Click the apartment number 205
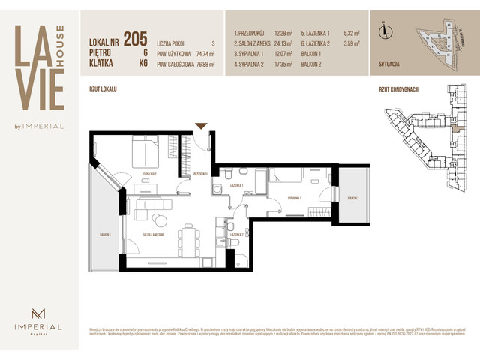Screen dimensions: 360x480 tap(135, 39)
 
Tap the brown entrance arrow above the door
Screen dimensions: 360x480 tap(200, 126)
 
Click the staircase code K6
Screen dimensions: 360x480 tap(142, 64)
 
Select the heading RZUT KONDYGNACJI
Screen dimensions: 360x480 tap(398, 89)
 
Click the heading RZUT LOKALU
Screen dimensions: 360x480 tap(103, 89)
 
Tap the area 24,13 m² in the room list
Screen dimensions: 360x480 tap(283, 43)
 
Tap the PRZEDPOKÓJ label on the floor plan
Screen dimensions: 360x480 tap(199, 173)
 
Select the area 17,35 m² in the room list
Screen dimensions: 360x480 tap(283, 64)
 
